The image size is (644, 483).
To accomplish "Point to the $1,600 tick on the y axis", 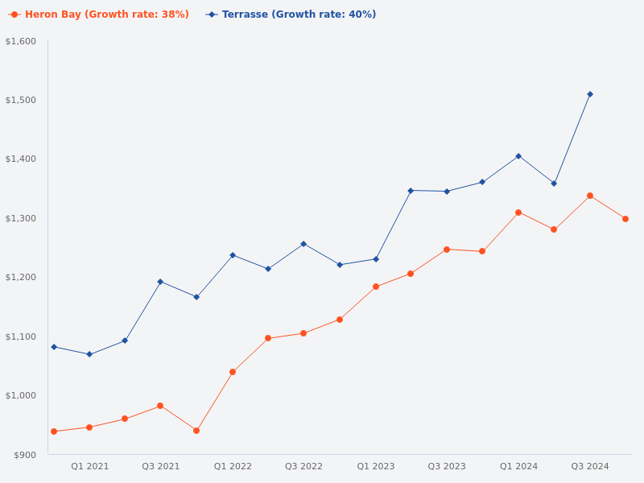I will [x=21, y=41].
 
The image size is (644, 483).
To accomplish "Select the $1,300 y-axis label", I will [x=21, y=218].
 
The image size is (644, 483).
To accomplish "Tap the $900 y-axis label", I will [x=25, y=455].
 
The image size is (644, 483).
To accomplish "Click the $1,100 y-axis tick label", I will [x=21, y=336].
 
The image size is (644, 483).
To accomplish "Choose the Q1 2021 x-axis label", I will [x=89, y=466].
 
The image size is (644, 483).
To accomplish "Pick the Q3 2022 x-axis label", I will [x=303, y=466].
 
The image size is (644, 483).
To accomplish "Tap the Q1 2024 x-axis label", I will [x=518, y=466].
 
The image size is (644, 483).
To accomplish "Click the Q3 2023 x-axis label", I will [x=447, y=466].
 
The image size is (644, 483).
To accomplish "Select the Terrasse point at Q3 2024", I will [x=590, y=94].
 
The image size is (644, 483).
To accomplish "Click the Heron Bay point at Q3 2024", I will [x=590, y=196].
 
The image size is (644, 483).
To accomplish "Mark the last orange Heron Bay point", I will [x=625, y=219].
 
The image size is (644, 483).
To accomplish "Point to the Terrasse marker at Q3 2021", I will [x=160, y=282].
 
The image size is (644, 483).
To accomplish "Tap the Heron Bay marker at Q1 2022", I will [x=233, y=372].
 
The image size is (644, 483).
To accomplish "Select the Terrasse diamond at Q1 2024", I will [x=518, y=156].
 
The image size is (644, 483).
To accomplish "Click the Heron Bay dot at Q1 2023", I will [x=376, y=287].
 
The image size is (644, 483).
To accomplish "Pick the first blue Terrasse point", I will [x=54, y=347].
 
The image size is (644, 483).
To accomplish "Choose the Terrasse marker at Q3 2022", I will [x=303, y=244].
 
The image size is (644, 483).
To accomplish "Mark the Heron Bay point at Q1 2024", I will [x=518, y=213].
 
